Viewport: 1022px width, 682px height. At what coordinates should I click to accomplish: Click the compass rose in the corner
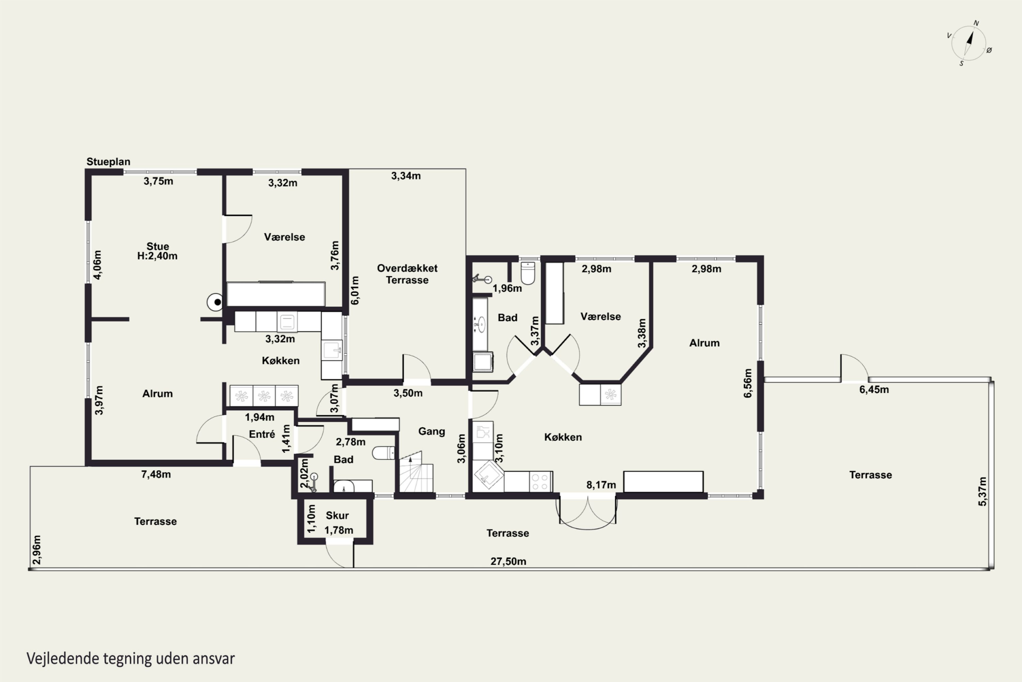(x=969, y=43)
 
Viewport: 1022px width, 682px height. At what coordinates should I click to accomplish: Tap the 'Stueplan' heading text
(x=108, y=162)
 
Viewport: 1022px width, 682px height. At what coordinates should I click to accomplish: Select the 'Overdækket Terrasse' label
(x=407, y=274)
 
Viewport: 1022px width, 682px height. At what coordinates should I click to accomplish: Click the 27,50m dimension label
(x=508, y=562)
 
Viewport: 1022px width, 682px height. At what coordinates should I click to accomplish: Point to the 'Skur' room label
(x=337, y=515)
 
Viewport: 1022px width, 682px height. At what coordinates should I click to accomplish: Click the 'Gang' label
(x=432, y=431)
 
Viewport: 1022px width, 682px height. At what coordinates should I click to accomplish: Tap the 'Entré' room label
(x=262, y=434)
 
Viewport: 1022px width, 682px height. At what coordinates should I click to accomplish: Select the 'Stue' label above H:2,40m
(x=157, y=246)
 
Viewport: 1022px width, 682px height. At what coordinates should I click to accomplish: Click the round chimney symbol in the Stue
(x=216, y=302)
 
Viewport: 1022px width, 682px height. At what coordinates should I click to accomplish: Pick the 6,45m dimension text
(x=874, y=390)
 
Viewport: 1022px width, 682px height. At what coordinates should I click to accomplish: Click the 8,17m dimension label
(x=601, y=485)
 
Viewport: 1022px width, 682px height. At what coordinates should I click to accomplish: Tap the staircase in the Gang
(x=416, y=472)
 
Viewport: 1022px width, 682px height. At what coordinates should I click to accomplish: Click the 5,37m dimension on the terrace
(x=982, y=491)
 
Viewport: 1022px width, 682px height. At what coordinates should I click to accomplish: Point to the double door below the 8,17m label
(x=587, y=513)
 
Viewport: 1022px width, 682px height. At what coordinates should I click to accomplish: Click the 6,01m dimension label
(x=355, y=290)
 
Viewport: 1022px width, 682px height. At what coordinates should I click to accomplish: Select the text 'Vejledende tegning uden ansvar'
(x=130, y=658)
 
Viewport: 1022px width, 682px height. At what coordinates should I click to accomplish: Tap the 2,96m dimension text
(x=37, y=550)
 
